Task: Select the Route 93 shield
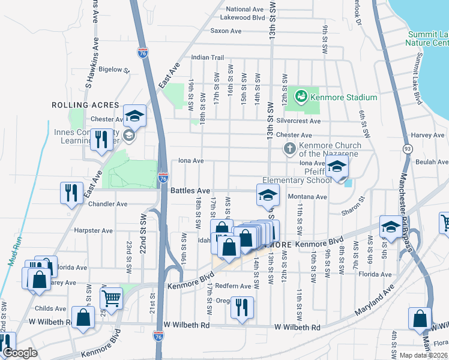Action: point(408,148)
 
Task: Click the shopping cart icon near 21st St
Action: point(111,297)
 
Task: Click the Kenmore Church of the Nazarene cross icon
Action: point(289,148)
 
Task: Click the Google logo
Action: point(20,353)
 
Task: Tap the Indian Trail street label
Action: point(207,58)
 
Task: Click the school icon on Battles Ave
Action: point(268,193)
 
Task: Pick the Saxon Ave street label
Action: point(226,31)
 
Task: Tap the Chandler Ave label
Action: point(107,204)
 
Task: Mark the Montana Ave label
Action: point(307,197)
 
